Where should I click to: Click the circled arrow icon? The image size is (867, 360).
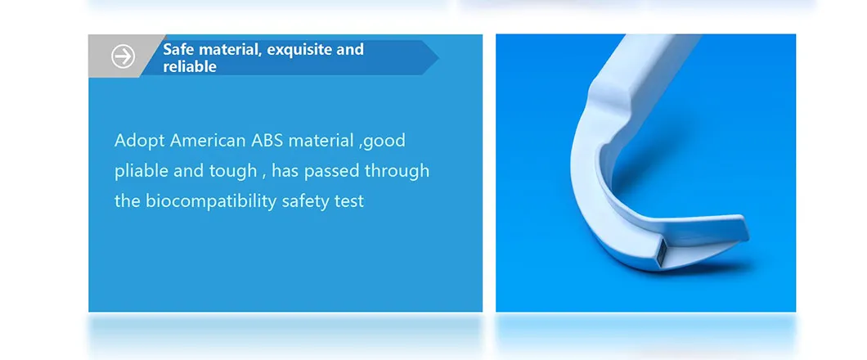click(123, 56)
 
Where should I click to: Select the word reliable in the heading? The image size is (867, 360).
click(190, 67)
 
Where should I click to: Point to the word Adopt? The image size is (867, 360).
click(140, 141)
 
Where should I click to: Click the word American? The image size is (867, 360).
click(208, 141)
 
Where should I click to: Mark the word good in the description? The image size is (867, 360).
click(384, 141)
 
